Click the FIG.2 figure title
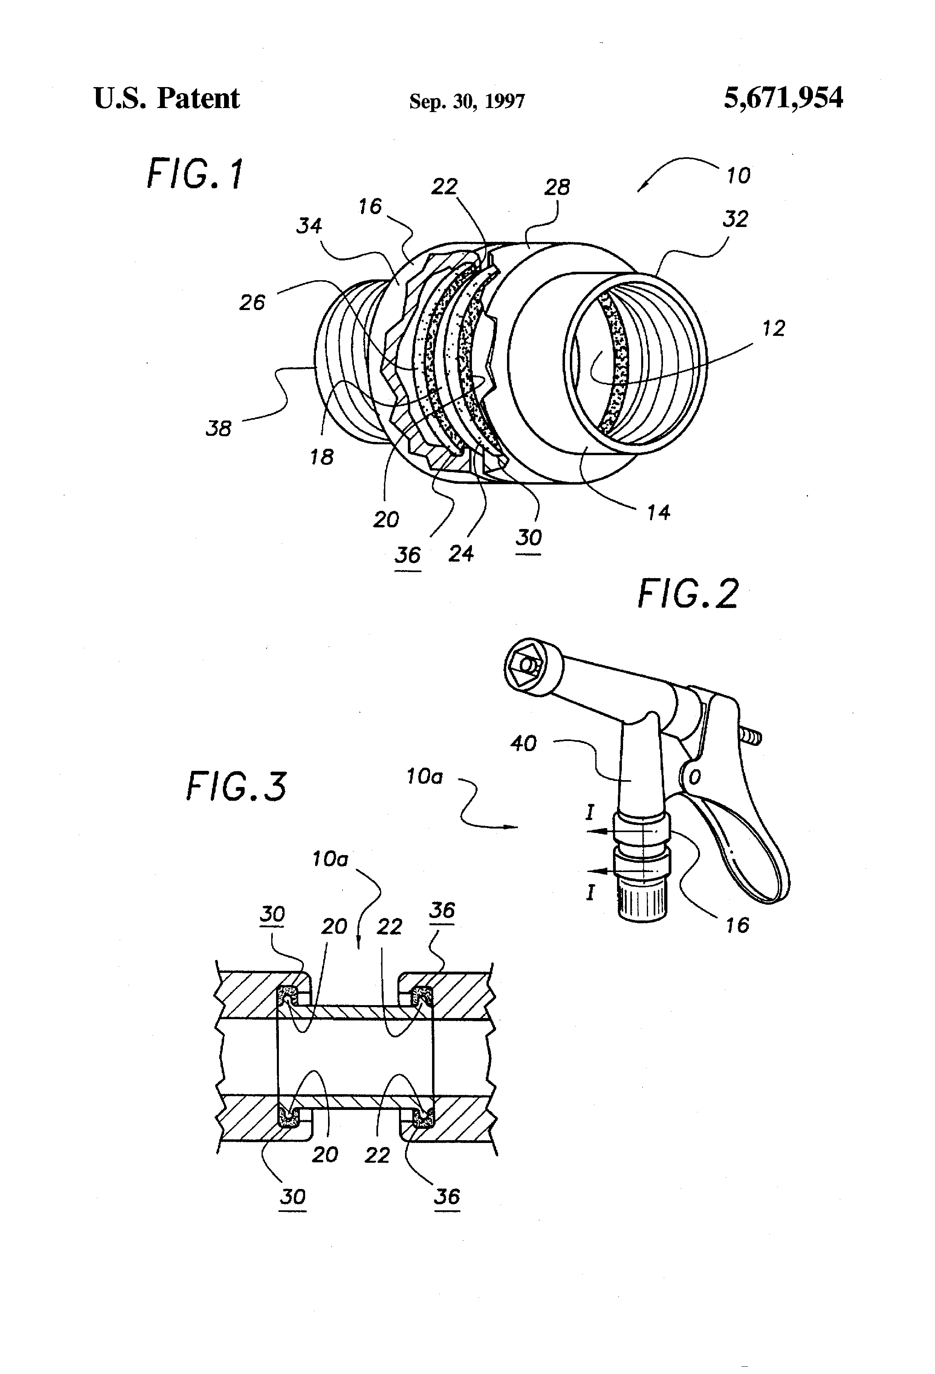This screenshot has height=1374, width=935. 688,594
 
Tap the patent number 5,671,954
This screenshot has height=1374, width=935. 783,98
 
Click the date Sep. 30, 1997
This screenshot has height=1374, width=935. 467,102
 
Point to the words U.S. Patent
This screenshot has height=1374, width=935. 167,98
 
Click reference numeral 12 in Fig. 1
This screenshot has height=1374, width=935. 773,328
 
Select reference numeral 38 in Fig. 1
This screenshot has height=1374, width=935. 219,428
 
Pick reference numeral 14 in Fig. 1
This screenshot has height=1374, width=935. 658,512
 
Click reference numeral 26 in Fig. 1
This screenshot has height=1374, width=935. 252,303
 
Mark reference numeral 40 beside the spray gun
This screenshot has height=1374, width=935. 523,743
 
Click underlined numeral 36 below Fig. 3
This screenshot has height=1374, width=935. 447,1197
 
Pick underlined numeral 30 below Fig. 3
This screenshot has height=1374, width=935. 293,1197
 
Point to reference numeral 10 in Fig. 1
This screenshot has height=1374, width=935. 738,176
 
